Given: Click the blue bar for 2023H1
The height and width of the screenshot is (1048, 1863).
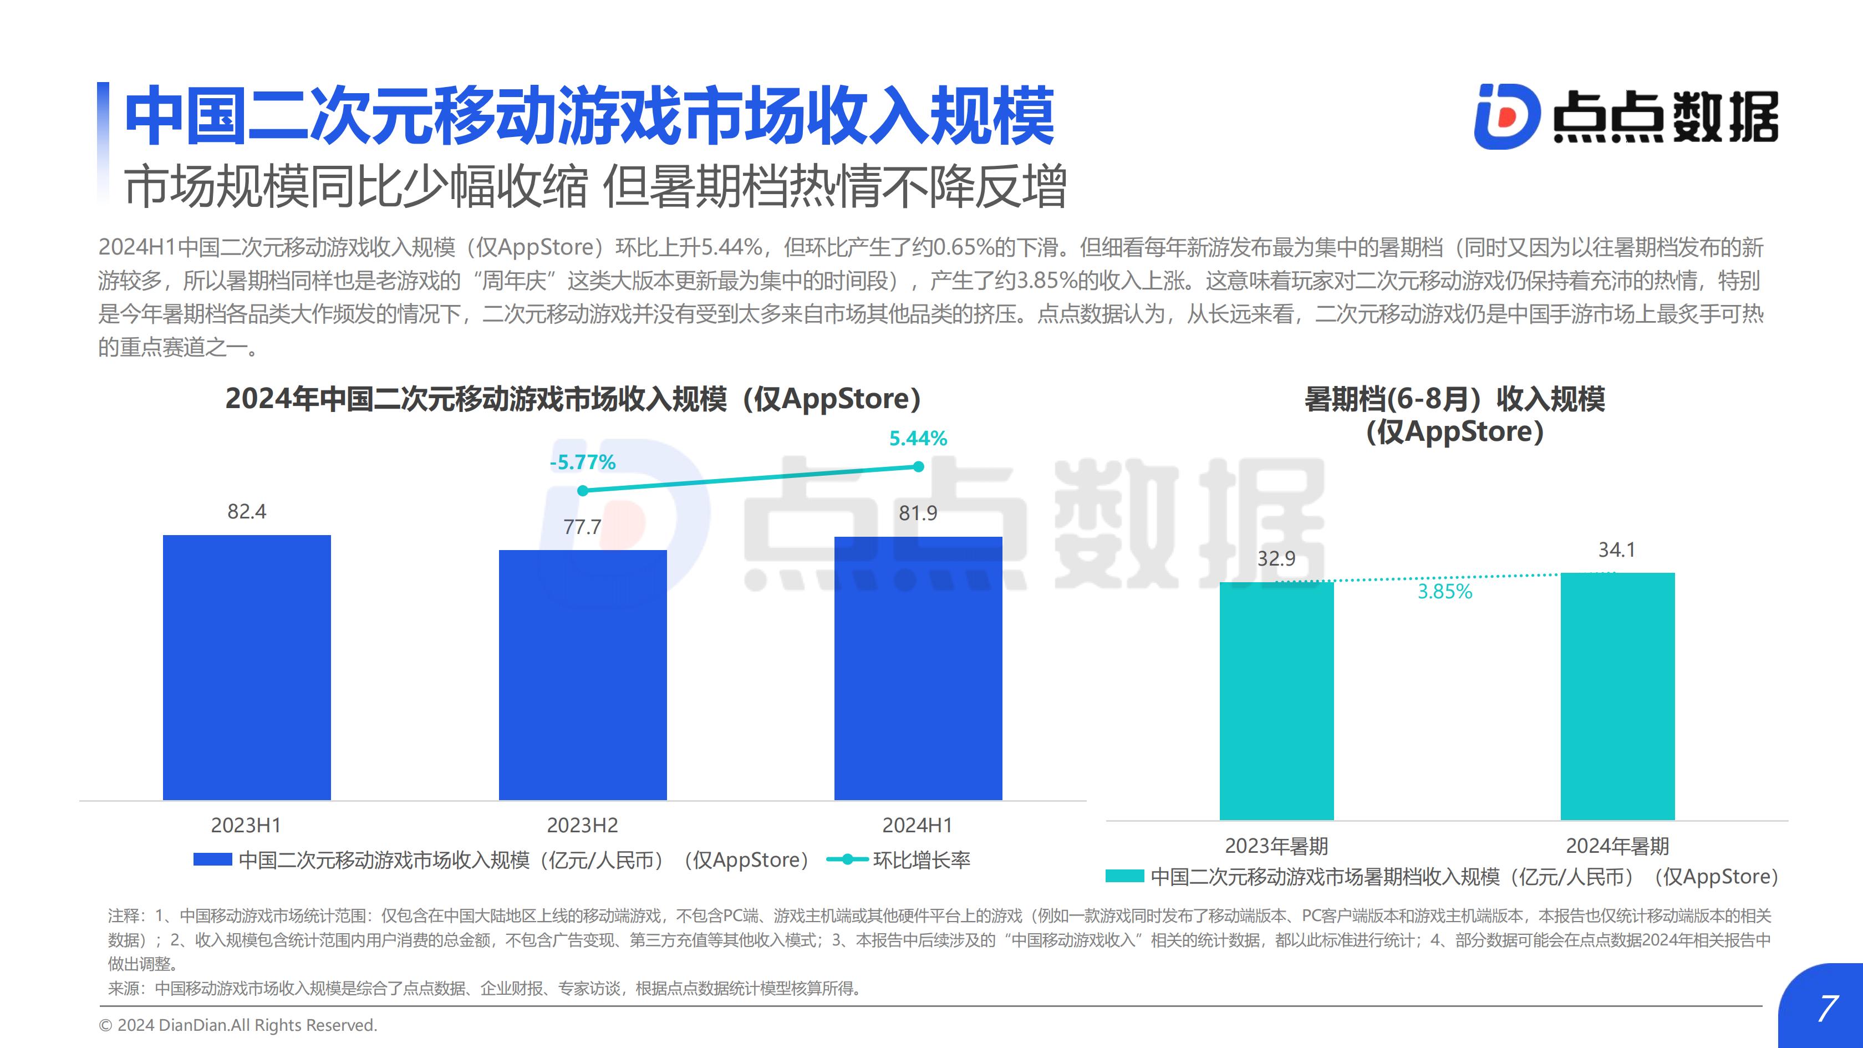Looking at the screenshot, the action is point(247,668).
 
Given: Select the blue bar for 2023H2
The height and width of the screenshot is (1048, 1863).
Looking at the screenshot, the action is point(583,675).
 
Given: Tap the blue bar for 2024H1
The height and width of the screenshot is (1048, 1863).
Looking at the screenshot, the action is point(919,668).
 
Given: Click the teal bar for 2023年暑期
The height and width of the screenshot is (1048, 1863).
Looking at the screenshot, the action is point(1276,701).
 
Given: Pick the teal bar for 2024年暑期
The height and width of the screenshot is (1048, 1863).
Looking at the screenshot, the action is point(1618,696).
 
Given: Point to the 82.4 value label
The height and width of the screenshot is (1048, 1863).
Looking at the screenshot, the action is point(247,511).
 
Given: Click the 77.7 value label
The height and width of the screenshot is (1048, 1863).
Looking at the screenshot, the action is point(582,527).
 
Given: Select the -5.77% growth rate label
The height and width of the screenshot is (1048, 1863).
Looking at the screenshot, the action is point(582,462).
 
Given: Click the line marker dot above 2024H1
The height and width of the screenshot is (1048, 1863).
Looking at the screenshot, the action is point(919,466).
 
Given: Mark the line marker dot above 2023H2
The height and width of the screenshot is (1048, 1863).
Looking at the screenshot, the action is point(583,490).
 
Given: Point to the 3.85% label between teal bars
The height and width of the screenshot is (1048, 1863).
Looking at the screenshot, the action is point(1445,592).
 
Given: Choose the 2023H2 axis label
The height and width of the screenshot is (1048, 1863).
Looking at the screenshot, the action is point(582,825).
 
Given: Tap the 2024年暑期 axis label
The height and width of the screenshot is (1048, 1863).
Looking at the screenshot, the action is point(1618,846).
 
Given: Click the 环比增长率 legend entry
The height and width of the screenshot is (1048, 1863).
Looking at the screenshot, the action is point(898,860).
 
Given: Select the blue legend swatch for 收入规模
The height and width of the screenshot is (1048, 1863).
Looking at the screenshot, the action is point(212,859).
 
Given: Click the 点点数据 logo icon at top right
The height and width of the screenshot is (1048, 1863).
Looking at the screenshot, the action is point(1506,116).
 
